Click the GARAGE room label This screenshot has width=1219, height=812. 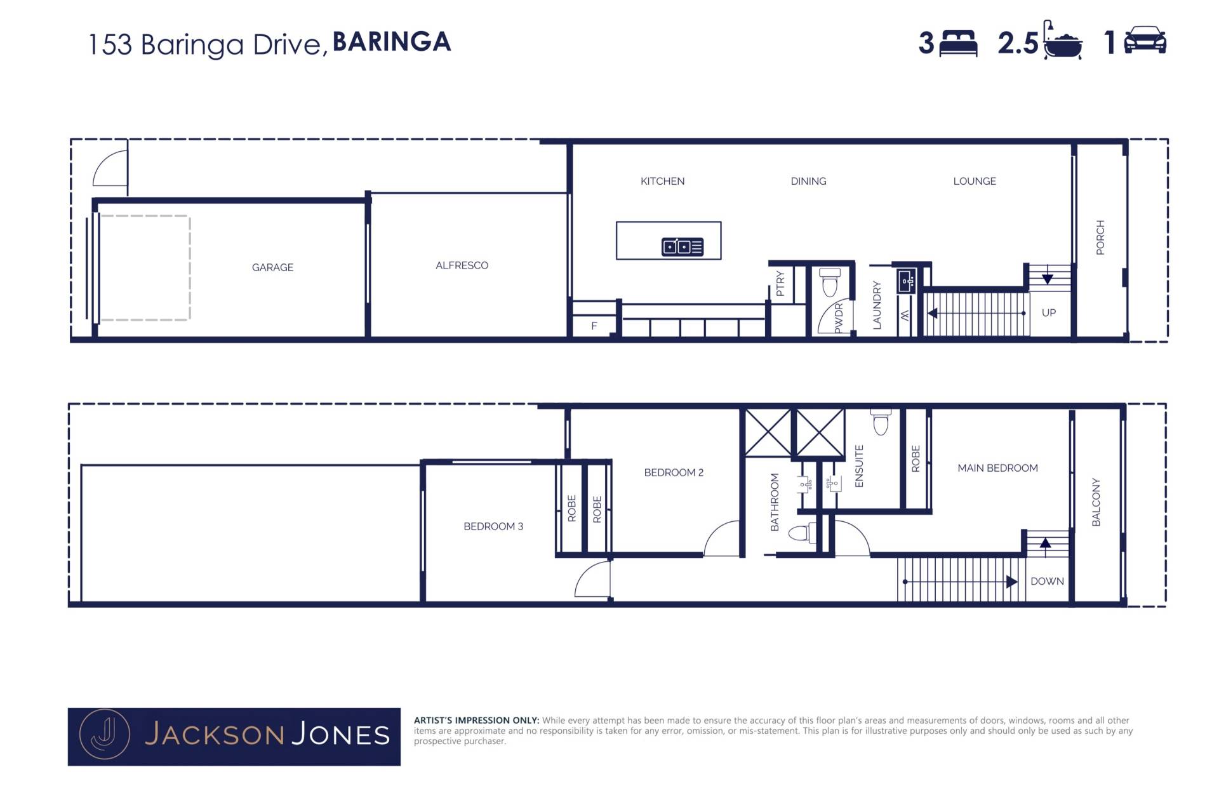272,267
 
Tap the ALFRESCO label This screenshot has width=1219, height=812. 462,265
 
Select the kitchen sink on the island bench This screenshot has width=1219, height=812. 683,246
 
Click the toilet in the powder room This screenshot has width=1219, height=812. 830,283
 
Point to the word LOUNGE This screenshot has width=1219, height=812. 975,181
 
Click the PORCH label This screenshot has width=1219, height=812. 1100,237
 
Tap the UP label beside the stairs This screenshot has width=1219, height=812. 1049,312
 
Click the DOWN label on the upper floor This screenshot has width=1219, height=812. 1047,581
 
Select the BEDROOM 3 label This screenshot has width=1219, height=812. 493,526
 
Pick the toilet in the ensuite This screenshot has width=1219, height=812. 881,421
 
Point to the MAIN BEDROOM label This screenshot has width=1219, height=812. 997,468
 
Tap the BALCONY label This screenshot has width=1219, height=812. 1096,502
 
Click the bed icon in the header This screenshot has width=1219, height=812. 958,43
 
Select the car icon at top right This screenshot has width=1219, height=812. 1145,40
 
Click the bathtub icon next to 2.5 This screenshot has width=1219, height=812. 1063,41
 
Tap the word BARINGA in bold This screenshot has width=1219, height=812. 392,42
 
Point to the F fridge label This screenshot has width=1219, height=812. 594,326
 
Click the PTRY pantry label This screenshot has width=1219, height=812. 780,283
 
